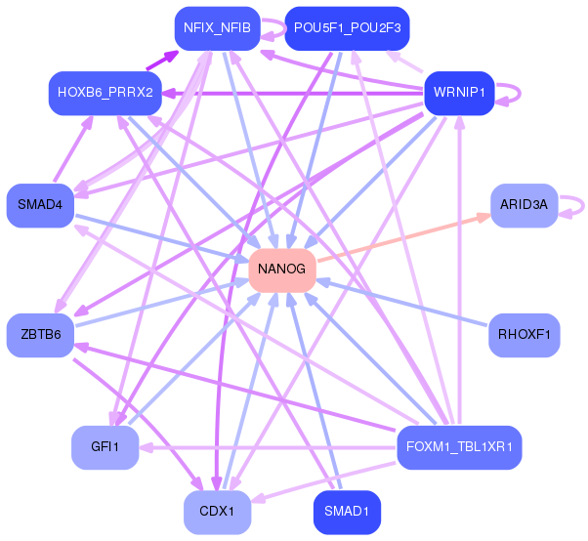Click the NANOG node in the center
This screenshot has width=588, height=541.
click(282, 269)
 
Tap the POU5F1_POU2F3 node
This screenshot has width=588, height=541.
click(347, 28)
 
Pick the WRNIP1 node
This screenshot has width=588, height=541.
click(459, 94)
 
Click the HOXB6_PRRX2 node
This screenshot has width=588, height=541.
click(105, 93)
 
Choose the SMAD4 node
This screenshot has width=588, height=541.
click(40, 205)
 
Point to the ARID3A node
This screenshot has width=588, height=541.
click(524, 205)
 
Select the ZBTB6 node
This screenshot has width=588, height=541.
click(40, 335)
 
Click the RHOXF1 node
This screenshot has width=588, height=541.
click(524, 335)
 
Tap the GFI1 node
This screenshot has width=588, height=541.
click(105, 446)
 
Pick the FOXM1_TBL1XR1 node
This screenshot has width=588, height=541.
click(459, 447)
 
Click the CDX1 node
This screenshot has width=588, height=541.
click(217, 512)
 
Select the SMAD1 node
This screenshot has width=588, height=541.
click(347, 512)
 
